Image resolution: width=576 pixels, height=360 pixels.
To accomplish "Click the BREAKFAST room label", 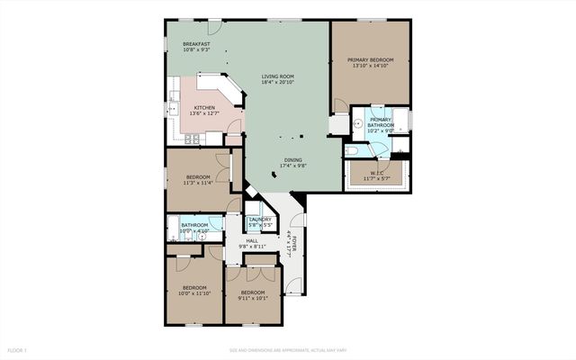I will pos(196,44).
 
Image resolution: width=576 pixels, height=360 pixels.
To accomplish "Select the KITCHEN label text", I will pos(204,108).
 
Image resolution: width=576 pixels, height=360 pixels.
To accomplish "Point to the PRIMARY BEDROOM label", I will pos(371,59).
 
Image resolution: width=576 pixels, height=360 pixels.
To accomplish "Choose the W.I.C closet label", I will pos(377,173).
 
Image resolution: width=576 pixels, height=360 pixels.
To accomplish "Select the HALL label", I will pos(252,240).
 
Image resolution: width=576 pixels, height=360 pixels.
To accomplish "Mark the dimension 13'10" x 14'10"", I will pos(371,66).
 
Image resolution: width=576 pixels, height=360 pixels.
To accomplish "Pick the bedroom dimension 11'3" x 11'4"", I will pos(198,183).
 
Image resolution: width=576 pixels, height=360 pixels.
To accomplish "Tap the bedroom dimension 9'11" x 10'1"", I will pos(252,298).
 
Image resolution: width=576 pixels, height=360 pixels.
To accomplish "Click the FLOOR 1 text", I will pos(18,349).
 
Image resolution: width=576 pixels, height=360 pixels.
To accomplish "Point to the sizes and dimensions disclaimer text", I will pos(287,349).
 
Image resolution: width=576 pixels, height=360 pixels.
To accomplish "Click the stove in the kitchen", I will pos(193,139).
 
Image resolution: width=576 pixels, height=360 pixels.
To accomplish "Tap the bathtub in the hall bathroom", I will pos(172,230).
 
